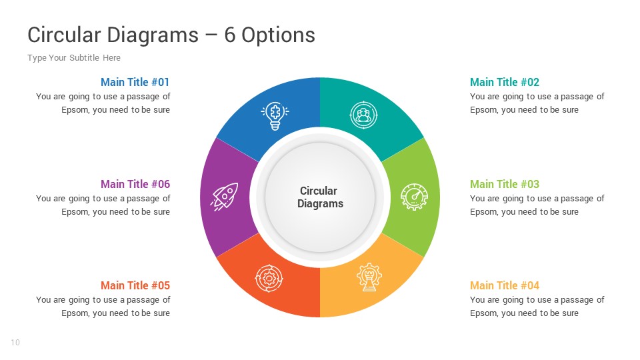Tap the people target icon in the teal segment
[363, 115]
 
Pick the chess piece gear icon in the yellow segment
[369, 276]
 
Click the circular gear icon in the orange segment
[269, 278]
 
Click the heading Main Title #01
[135, 82]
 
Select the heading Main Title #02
[505, 82]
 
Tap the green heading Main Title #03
[505, 184]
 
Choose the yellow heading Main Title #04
[505, 285]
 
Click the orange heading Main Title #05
[135, 285]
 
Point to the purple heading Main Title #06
[135, 184]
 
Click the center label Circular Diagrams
[320, 197]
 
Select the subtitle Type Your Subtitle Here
[74, 58]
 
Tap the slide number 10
[15, 343]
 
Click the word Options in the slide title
[278, 35]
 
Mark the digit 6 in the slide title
[229, 35]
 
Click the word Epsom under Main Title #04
[483, 313]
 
